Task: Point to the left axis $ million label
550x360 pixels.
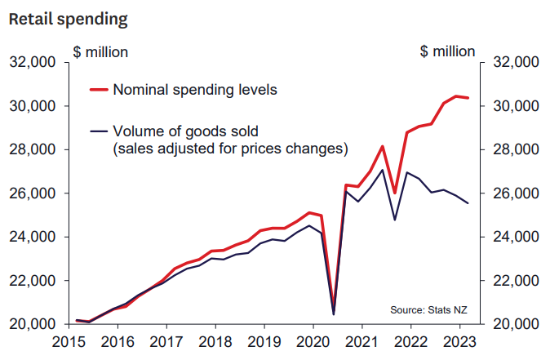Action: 100,51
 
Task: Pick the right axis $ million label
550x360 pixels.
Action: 447,51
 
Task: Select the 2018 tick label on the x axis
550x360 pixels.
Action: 215,343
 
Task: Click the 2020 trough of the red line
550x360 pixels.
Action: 334,311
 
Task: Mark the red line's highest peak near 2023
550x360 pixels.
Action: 455,96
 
